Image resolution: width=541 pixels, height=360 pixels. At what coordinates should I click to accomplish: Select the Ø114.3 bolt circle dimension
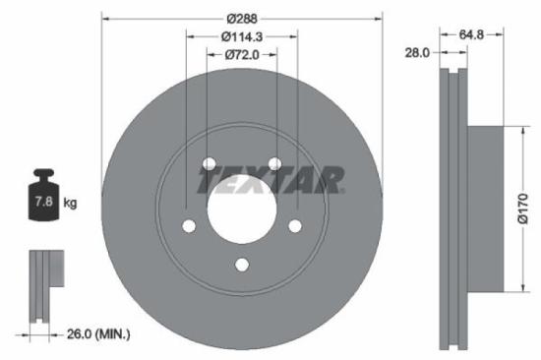242,37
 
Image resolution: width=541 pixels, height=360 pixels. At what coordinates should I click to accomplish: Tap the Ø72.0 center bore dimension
242,55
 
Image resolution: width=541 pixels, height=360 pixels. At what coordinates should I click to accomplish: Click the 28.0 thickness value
418,53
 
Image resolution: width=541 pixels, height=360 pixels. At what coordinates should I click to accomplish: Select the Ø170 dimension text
523,209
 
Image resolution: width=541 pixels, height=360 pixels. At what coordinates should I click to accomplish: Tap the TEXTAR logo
270,181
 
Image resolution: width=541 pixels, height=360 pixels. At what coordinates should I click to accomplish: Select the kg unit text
70,204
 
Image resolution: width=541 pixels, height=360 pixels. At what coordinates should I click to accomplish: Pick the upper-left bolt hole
209,163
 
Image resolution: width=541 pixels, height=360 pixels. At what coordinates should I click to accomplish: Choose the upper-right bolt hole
275,163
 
